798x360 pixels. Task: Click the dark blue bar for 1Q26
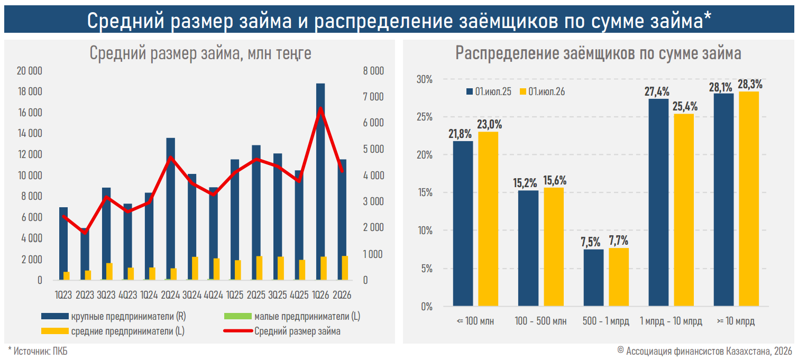coord(320,182)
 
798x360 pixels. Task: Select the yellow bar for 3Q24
coord(195,269)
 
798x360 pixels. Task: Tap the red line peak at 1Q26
coord(320,108)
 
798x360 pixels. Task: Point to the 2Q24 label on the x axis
coord(170,295)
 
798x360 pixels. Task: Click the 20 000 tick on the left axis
coord(29,71)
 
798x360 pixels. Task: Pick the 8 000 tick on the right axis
coord(373,71)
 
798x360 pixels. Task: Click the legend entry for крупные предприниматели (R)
coord(114,316)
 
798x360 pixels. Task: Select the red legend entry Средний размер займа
coord(282,331)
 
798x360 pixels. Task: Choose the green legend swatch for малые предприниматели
coord(237,316)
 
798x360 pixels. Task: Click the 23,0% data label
coord(490,124)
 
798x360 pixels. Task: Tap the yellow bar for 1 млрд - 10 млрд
coord(684,210)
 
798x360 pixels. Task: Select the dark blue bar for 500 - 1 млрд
coord(593,278)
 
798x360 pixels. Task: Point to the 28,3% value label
coord(750,85)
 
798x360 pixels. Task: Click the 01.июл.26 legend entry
coord(542,92)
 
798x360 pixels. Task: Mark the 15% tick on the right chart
coord(425,192)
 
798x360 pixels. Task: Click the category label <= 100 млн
coord(475,321)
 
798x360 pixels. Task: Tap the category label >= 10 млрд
coord(736,321)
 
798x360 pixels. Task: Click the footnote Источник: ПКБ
coord(38,351)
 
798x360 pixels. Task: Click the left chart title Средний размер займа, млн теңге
coord(200,53)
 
